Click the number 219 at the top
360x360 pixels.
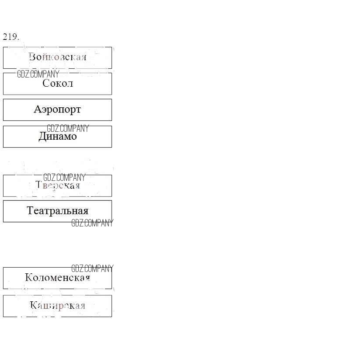coord(10,37)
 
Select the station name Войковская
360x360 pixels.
coord(57,57)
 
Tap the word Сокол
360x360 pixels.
coord(57,84)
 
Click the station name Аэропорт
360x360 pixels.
coord(57,109)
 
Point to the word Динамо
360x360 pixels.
coord(57,136)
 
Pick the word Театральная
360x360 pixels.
coord(57,211)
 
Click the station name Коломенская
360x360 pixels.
coord(57,278)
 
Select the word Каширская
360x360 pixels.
coord(57,305)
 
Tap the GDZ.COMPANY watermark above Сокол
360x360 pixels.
coord(38,74)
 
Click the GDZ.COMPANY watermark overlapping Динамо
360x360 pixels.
coord(68,128)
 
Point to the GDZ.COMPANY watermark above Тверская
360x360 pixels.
coord(64,177)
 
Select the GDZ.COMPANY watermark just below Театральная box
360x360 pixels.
coord(92,223)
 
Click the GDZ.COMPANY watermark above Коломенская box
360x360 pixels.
coord(92,268)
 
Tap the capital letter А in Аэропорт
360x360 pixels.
coord(37,109)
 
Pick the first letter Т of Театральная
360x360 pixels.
coord(30,211)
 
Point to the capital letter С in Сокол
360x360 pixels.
coord(45,84)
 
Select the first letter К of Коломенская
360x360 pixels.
coord(28,278)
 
